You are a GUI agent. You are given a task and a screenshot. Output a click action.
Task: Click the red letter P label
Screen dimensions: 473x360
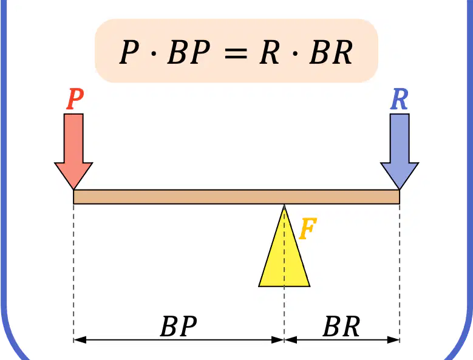coord(75,99)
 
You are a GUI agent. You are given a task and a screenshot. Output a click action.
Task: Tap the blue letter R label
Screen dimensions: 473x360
coord(399,99)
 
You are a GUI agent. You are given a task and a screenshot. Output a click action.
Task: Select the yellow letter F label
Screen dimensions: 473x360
coord(308,228)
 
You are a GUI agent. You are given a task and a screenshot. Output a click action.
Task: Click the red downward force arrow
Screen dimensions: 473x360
coord(73,151)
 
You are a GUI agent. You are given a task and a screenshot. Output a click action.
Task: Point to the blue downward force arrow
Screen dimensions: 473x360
coord(400,151)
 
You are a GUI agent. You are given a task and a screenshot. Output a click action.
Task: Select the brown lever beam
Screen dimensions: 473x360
coord(237,197)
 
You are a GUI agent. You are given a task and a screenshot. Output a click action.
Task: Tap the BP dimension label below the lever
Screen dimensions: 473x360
coord(179,326)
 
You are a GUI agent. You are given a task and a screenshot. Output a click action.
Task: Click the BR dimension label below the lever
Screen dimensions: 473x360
coord(341,326)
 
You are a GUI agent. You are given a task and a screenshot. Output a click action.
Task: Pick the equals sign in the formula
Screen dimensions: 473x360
coord(236,54)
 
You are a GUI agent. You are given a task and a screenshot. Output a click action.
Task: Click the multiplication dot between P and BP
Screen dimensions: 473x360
coord(154,53)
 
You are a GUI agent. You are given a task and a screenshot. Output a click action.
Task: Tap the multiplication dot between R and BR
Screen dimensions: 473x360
coord(295,53)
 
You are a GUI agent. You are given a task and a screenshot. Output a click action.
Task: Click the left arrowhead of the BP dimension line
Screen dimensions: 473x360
coord(80,340)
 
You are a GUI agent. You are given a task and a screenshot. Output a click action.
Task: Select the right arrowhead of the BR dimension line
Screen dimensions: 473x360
coord(393,340)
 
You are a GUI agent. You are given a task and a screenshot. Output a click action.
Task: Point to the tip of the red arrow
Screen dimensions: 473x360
coord(73,189)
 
